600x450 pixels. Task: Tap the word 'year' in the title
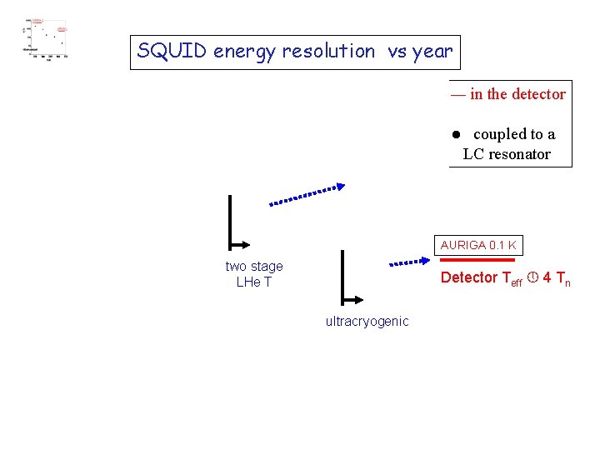coord(432,52)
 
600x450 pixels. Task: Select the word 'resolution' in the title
coord(328,52)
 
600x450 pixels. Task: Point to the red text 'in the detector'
coord(517,94)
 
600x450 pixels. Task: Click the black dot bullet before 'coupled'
coord(457,135)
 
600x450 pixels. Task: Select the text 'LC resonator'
coord(507,154)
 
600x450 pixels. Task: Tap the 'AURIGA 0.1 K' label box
coord(478,246)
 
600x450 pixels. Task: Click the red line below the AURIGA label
coord(477,259)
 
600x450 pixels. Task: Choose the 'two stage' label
coord(254,267)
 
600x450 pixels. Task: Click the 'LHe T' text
coord(254,282)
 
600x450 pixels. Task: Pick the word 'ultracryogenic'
coord(367,322)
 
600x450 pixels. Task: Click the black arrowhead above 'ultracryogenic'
coord(355,300)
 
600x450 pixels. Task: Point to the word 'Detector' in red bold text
coord(469,278)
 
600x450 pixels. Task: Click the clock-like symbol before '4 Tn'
coord(531,278)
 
